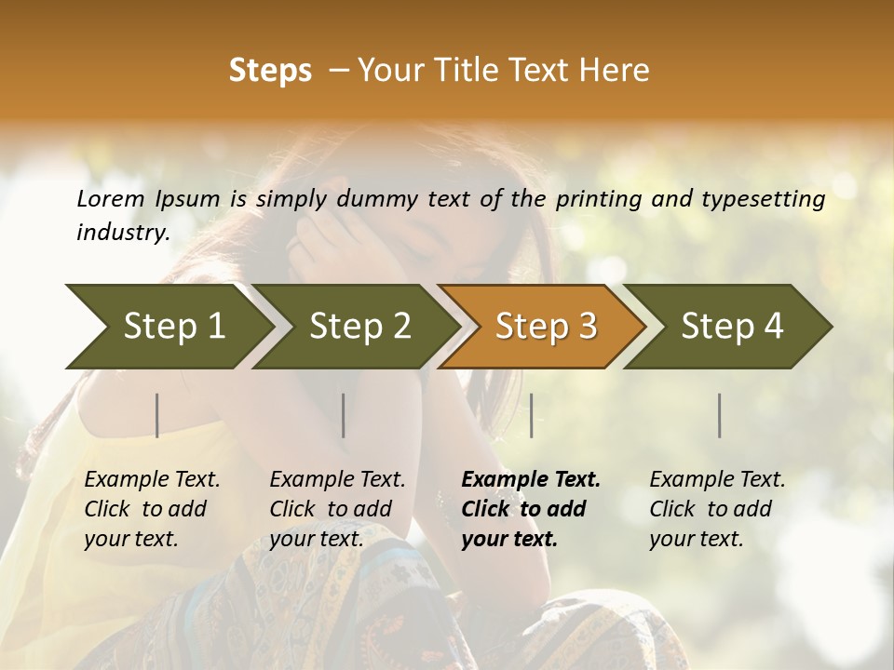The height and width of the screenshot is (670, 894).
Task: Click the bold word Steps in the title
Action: [x=270, y=71]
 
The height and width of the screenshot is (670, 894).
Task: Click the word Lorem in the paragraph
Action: [x=110, y=199]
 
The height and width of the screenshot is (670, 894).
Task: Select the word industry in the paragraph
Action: [x=122, y=232]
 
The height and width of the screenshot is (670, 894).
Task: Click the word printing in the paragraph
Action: [x=596, y=199]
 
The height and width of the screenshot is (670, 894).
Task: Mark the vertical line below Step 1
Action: [x=157, y=415]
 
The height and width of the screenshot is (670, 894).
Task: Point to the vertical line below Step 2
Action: [x=344, y=415]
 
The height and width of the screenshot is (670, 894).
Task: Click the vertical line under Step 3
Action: [x=531, y=415]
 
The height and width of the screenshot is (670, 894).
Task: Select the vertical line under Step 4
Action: [x=720, y=415]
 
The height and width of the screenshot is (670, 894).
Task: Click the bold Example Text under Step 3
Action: [x=531, y=479]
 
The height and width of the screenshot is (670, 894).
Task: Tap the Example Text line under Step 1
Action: [x=152, y=479]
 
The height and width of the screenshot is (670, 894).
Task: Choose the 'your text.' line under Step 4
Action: [x=697, y=539]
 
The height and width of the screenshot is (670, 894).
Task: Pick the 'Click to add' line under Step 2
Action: [x=331, y=509]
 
